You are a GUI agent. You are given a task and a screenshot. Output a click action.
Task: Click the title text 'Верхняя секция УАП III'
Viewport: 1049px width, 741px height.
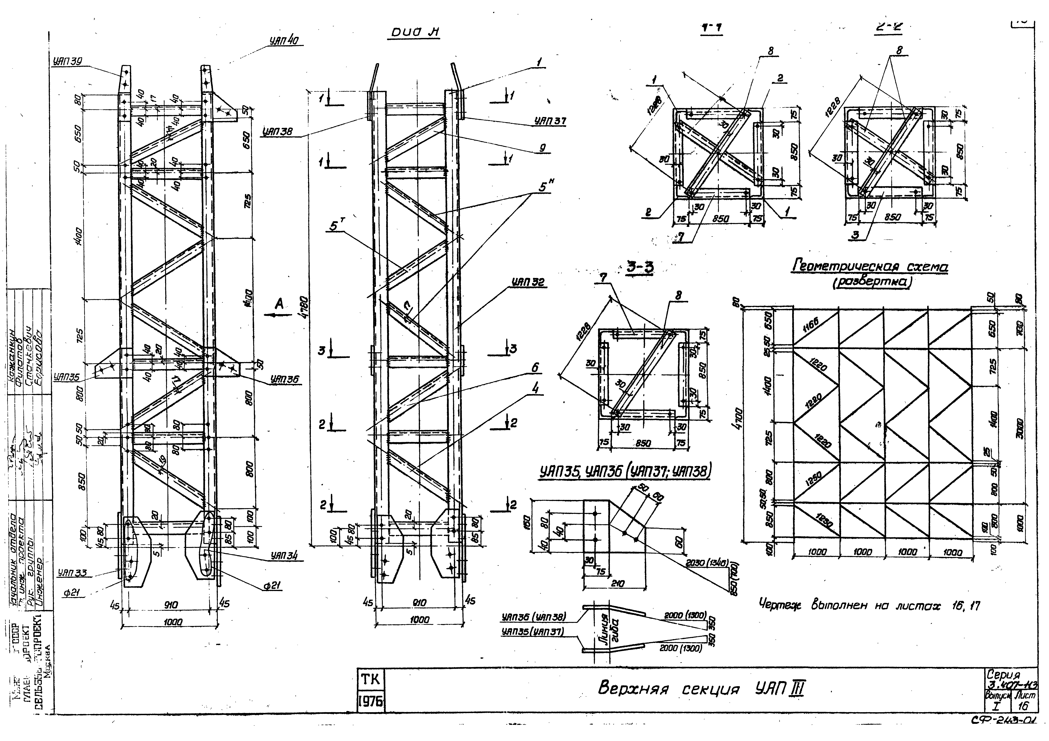point(701,688)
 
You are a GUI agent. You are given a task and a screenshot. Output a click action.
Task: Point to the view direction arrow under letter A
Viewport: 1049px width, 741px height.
point(278,315)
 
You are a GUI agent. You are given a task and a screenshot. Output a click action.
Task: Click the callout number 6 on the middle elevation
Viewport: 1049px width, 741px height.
point(535,368)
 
